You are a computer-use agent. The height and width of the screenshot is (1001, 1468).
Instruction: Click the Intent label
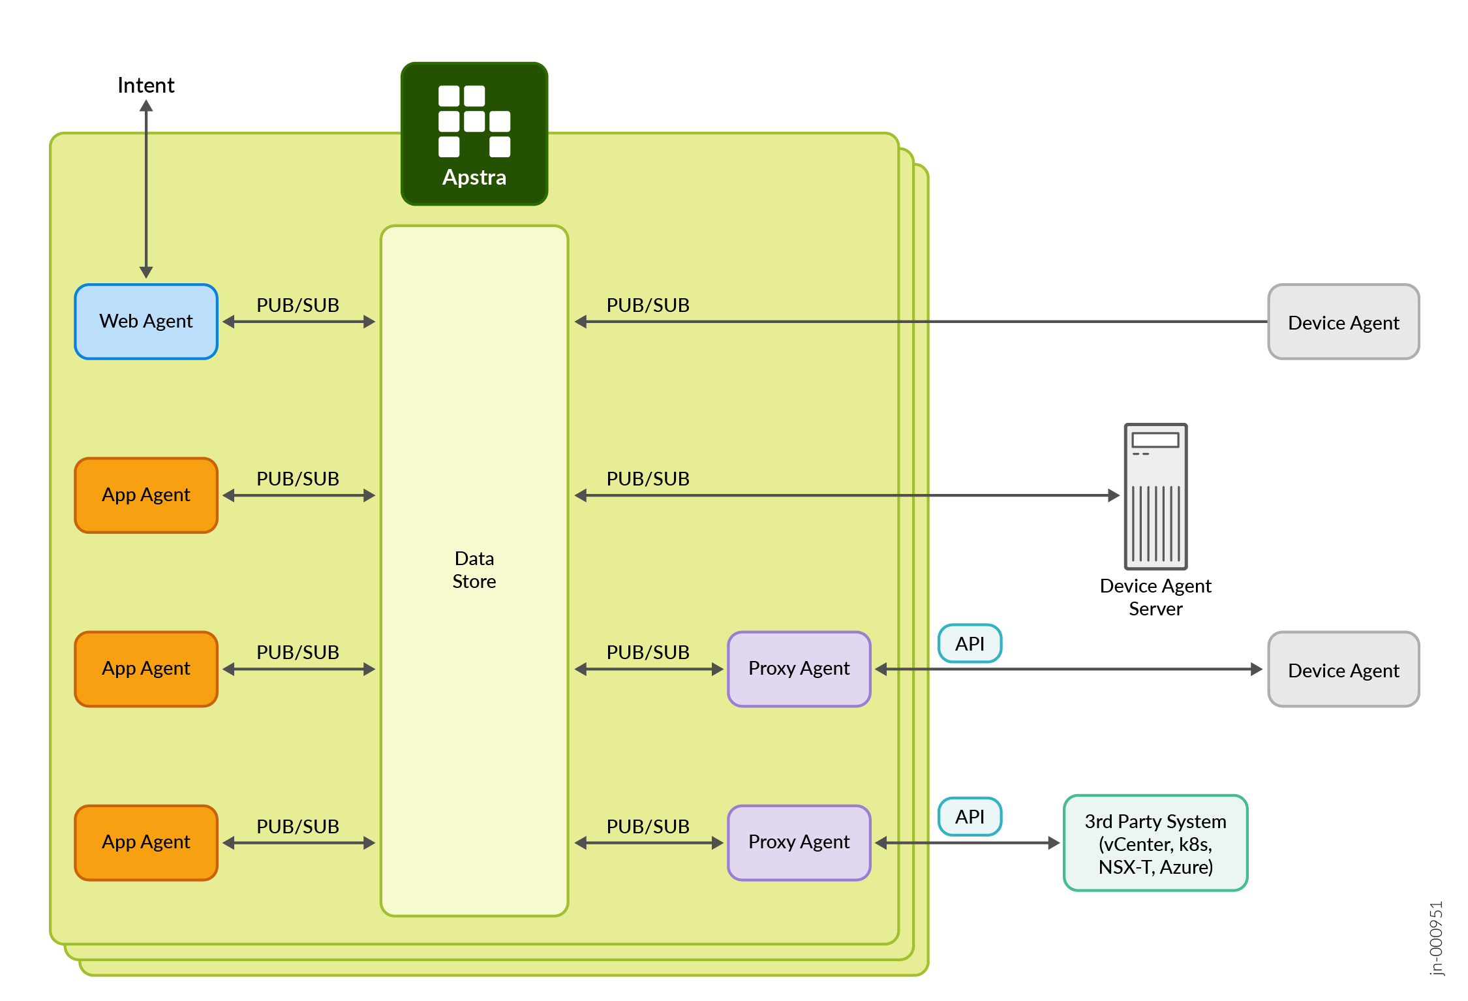[x=145, y=85]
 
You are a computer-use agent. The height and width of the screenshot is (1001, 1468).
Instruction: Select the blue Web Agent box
[x=146, y=322]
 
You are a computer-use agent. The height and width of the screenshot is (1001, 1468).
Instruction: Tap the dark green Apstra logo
[x=474, y=134]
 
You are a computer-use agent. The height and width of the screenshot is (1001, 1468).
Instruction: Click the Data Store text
[x=474, y=570]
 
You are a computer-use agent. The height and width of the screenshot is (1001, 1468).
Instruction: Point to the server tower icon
[x=1155, y=496]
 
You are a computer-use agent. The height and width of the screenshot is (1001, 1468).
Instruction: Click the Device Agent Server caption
[x=1155, y=597]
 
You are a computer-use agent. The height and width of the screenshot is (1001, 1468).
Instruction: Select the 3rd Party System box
[x=1155, y=843]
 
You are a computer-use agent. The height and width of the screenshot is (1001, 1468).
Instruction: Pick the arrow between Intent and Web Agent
[x=146, y=189]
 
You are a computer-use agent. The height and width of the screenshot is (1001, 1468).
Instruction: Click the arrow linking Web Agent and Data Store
[x=299, y=322]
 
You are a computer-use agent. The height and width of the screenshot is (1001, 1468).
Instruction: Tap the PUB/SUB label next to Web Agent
[x=298, y=305]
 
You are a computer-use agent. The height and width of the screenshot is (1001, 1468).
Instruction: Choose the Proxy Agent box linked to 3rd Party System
[x=799, y=842]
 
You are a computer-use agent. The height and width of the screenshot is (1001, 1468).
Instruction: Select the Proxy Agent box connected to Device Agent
[x=799, y=669]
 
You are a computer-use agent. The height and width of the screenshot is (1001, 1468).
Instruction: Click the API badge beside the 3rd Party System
[x=970, y=816]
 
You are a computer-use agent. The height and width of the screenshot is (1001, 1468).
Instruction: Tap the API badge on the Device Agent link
[x=970, y=643]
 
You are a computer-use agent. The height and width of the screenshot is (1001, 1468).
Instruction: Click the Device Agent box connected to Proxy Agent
[x=1343, y=670]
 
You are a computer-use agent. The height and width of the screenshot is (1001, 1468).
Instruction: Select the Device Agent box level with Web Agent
[x=1343, y=322]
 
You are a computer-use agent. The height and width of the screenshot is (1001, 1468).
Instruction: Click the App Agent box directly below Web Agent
[x=146, y=495]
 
